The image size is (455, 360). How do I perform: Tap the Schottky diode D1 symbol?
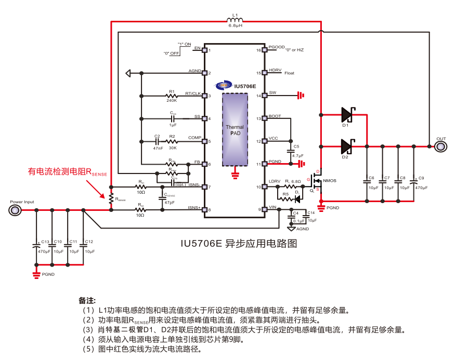coord(347,114)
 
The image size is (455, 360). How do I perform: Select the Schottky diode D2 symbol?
coord(347,146)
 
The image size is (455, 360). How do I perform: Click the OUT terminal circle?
coord(440,147)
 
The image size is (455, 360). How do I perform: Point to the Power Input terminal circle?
coord(14,210)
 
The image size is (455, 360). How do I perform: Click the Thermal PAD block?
coord(235,130)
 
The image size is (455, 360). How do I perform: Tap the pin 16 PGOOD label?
coord(277,47)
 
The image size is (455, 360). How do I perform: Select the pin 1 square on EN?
coord(204,50)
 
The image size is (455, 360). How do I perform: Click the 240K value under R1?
coord(171,100)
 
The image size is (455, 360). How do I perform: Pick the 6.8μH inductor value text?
coord(235,25)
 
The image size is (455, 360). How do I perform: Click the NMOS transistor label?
coord(330,181)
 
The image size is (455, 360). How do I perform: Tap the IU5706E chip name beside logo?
coord(245,86)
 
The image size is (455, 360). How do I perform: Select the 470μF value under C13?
coord(44,251)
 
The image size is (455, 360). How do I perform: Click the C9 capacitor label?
coord(421,178)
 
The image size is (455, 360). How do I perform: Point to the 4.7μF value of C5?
coord(297,155)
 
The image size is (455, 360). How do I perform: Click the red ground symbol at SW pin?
coord(300,95)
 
